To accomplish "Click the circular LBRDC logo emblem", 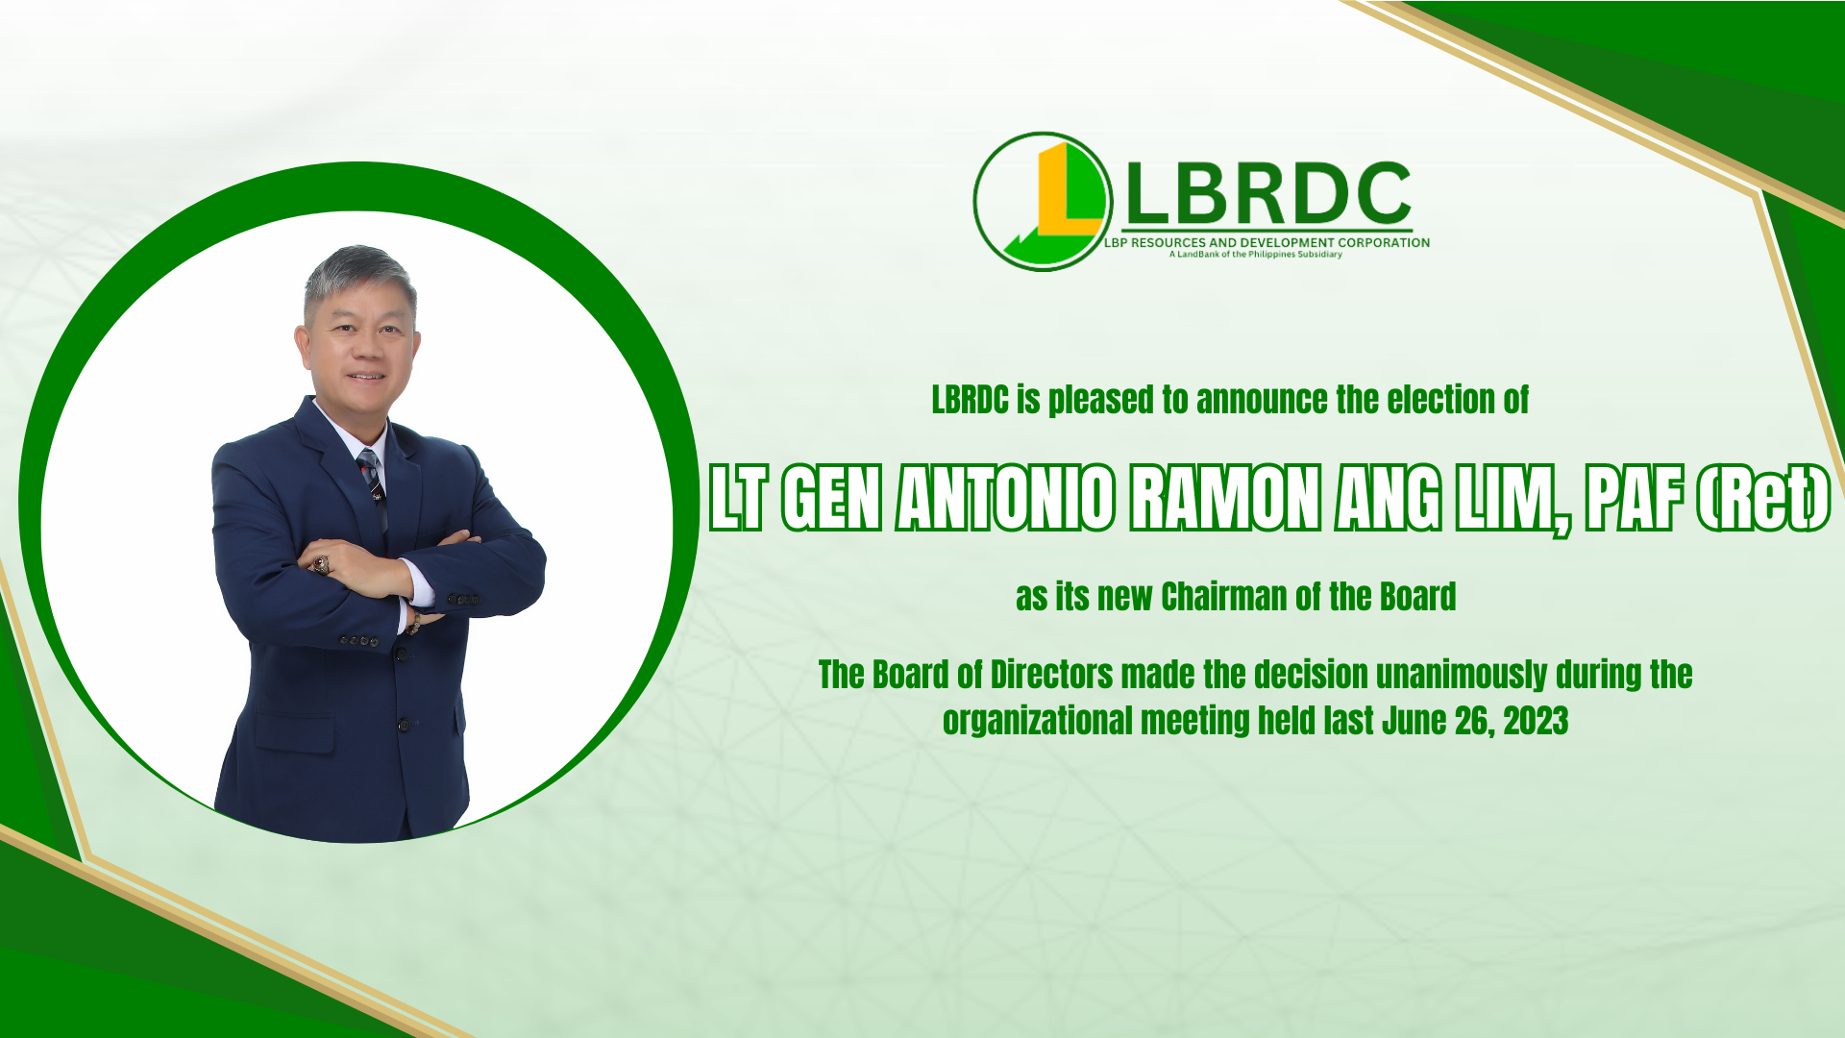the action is pyautogui.click(x=1043, y=201).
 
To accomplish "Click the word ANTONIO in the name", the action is pyautogui.click(x=1005, y=498).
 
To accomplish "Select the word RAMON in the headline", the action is pyautogui.click(x=1225, y=498).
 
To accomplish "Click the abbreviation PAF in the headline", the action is pyautogui.click(x=1635, y=498).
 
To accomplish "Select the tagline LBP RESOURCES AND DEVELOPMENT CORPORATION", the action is pyautogui.click(x=1267, y=243).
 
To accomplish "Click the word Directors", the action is pyautogui.click(x=1051, y=676).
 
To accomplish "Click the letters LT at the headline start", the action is pyautogui.click(x=739, y=498).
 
